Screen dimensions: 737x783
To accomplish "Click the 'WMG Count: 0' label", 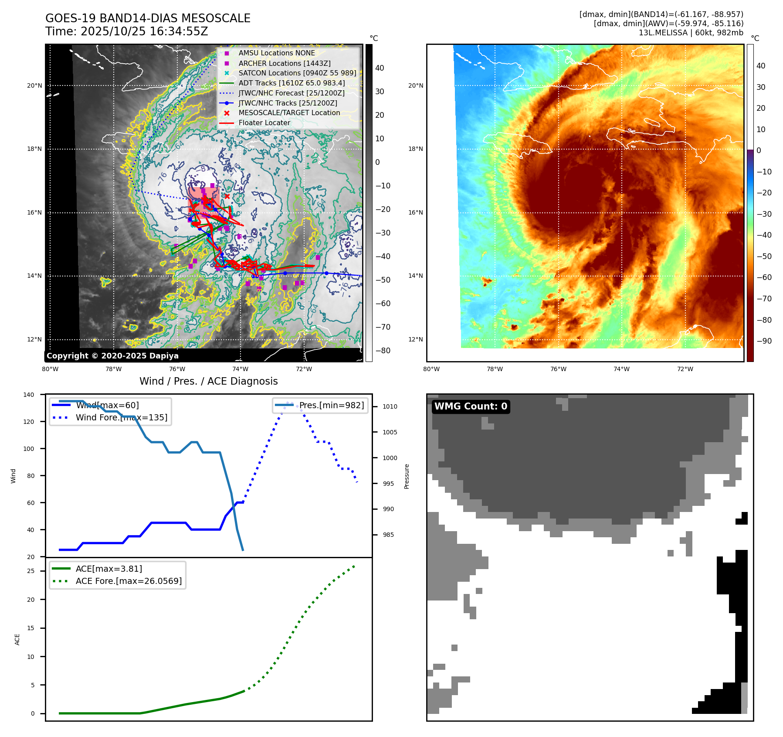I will tap(471, 406).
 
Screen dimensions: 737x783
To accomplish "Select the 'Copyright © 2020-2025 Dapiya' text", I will tap(112, 356).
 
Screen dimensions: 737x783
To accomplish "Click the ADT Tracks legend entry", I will tap(291, 83).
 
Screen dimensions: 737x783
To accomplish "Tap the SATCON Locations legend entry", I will tap(297, 73).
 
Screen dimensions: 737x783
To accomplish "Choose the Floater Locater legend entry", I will tap(264, 123).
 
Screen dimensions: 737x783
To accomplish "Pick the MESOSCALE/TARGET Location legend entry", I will tap(289, 113).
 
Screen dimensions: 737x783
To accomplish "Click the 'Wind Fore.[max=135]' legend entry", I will tap(121, 417).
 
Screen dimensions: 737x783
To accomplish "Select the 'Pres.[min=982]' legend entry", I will tap(331, 405).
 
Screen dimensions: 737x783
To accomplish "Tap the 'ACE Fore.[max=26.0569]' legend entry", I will tap(129, 581).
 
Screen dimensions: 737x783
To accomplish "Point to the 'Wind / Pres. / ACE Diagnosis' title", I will tap(208, 381).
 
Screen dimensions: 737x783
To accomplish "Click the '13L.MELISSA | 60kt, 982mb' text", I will tap(691, 33).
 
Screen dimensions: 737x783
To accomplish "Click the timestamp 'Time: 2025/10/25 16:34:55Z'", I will tap(126, 31).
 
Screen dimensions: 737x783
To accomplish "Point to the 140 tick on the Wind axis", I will tap(29, 395).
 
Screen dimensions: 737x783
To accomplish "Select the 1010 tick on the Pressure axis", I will tap(390, 406).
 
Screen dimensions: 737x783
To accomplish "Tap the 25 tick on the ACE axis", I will tap(31, 571).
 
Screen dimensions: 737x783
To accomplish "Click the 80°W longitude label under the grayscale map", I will tap(50, 369).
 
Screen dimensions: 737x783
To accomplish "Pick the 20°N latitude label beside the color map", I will tap(415, 85).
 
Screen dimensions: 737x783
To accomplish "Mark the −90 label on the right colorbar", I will tap(764, 341).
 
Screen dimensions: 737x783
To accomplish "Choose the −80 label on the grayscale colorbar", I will tap(383, 351).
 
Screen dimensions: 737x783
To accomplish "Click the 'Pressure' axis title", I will tap(407, 476).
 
